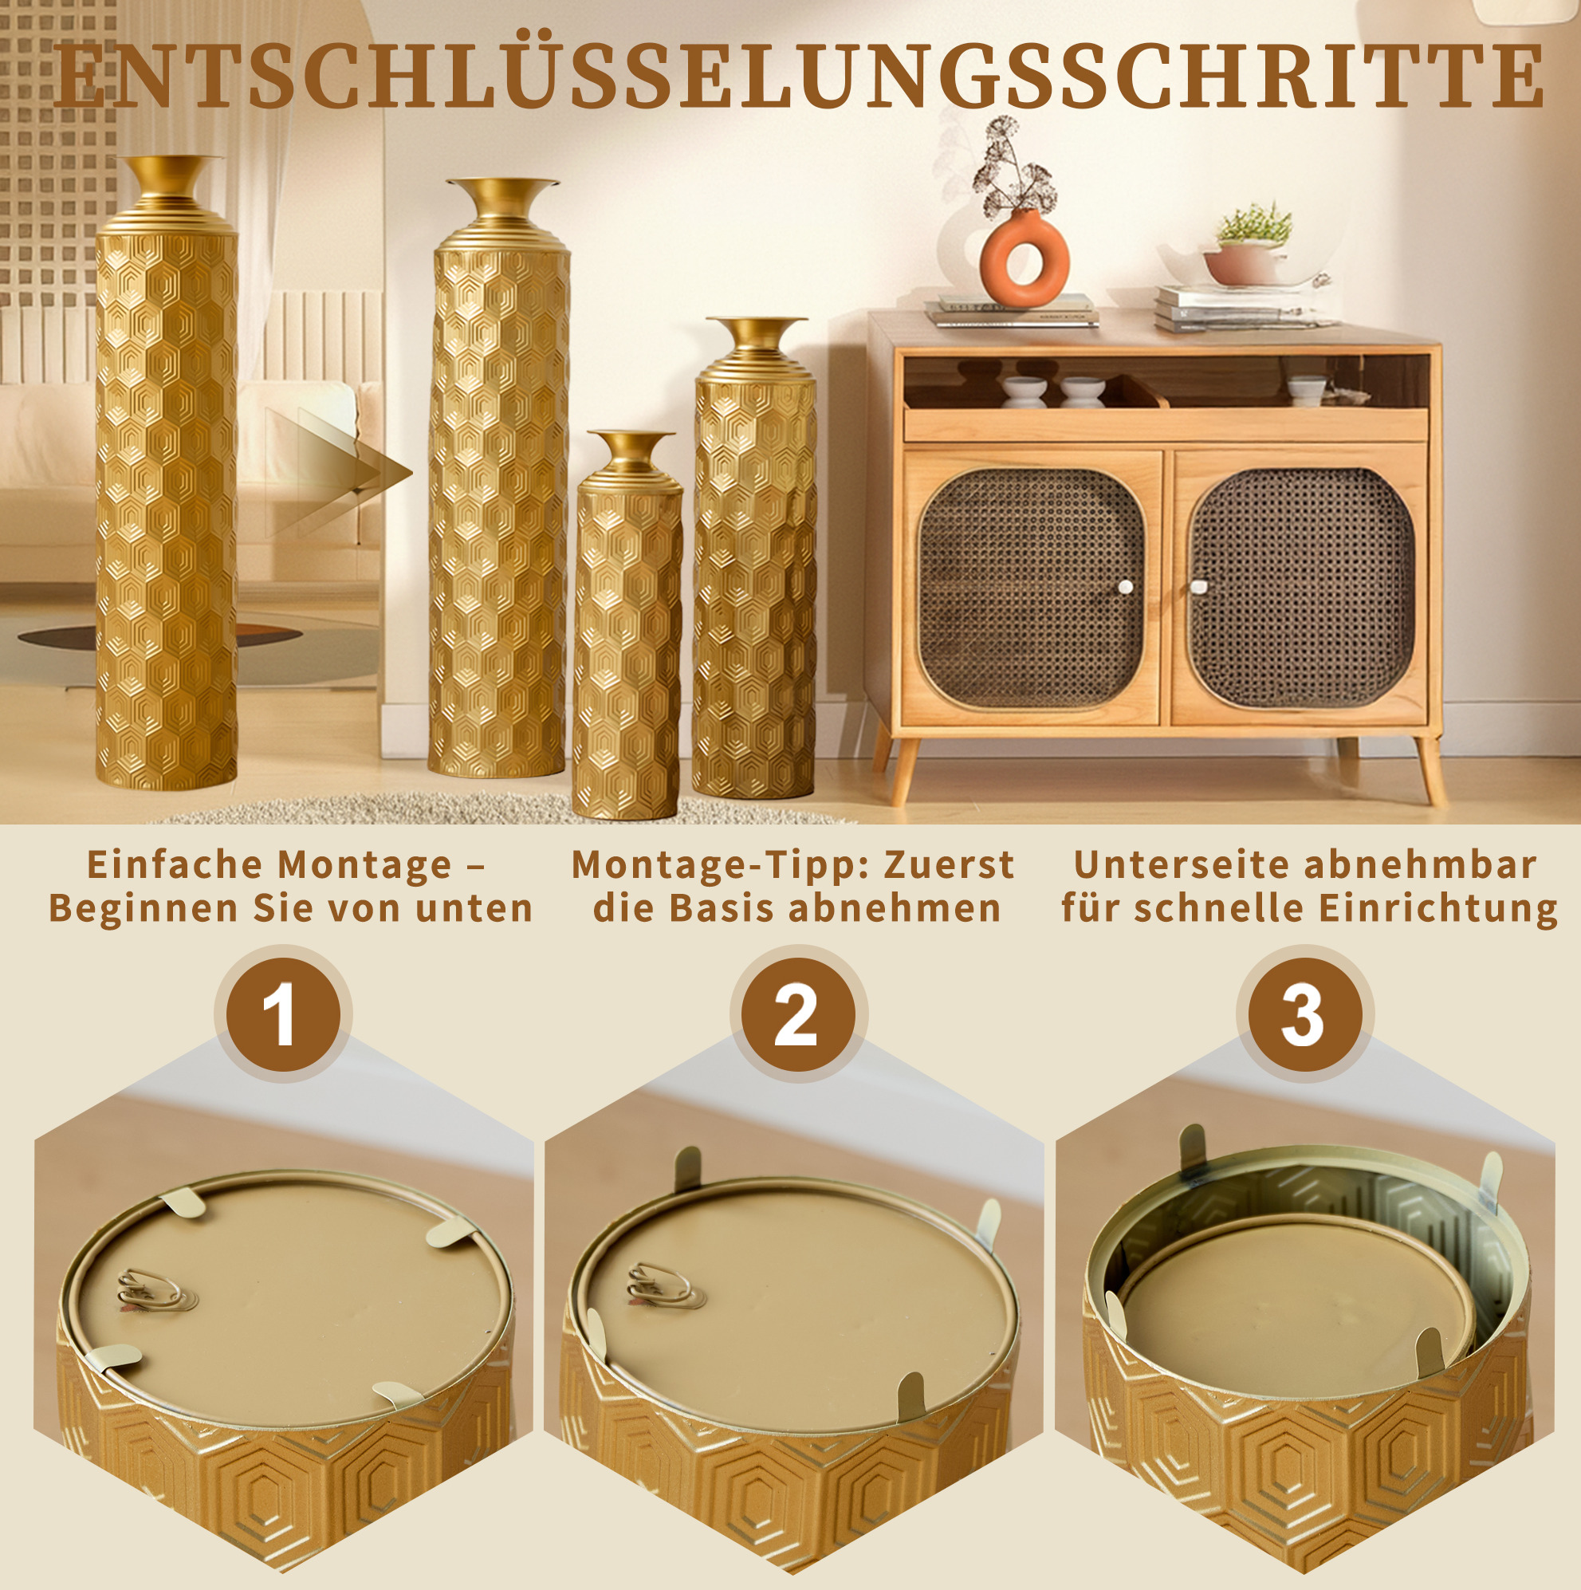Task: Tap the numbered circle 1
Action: pos(282,1015)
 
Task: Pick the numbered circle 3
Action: pos(1304,1015)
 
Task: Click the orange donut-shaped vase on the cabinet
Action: pos(1023,258)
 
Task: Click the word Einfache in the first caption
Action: pos(174,865)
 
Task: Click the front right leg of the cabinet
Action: pos(1430,769)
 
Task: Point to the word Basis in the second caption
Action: pos(721,908)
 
